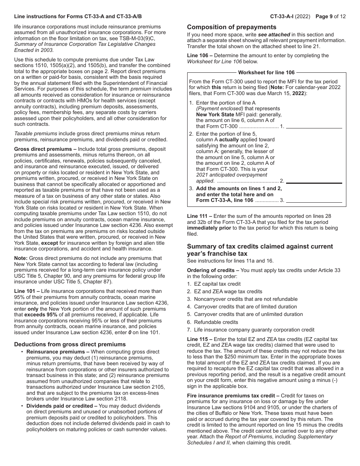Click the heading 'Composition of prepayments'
(x=232, y=27)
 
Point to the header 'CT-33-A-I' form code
(x=284, y=16)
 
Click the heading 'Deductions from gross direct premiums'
(x=70, y=344)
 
